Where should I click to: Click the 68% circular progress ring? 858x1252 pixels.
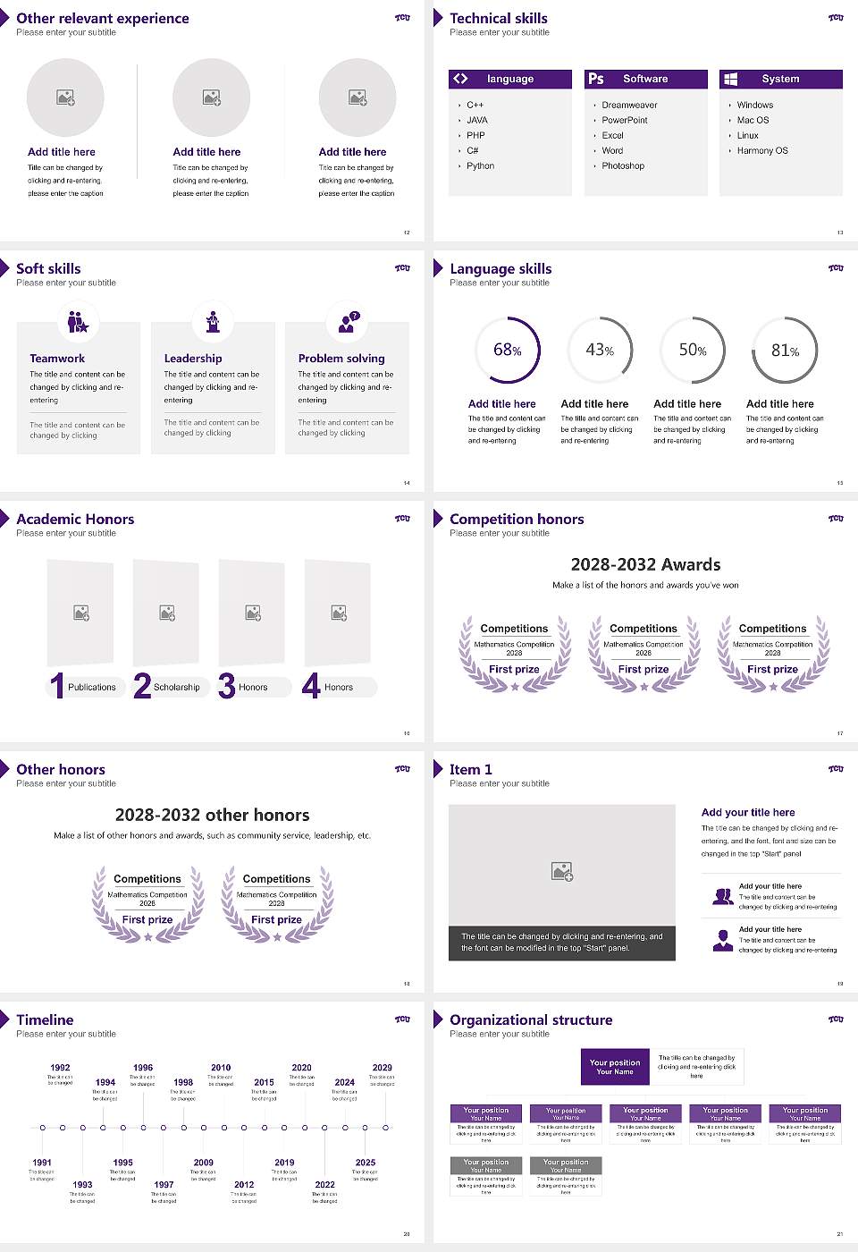[x=508, y=350]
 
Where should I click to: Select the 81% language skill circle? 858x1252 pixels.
[x=785, y=350]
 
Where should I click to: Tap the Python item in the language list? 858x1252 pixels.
[x=480, y=165]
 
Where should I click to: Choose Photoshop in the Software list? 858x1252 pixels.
[x=622, y=165]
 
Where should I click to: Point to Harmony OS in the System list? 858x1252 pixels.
[x=762, y=150]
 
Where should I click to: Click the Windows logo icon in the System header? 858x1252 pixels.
[x=731, y=79]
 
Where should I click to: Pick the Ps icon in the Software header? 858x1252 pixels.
[x=596, y=79]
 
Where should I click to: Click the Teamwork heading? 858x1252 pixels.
[x=57, y=358]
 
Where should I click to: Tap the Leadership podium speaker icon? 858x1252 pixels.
[x=213, y=321]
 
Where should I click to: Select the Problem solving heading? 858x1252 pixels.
[x=341, y=358]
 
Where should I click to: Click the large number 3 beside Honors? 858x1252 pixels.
[x=227, y=686]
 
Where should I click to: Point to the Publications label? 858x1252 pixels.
[x=92, y=687]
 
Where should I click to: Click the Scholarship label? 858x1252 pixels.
[x=177, y=687]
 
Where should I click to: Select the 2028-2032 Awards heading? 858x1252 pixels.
[x=645, y=564]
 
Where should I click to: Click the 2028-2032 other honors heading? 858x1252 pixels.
[x=212, y=815]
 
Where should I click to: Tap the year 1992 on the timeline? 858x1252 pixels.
[x=60, y=1067]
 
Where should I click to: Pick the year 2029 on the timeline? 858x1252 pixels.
[x=383, y=1067]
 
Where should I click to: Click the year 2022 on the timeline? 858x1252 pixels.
[x=324, y=1184]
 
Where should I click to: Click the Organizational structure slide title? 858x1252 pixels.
[x=531, y=1019]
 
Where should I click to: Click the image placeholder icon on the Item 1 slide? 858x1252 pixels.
[x=562, y=870]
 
